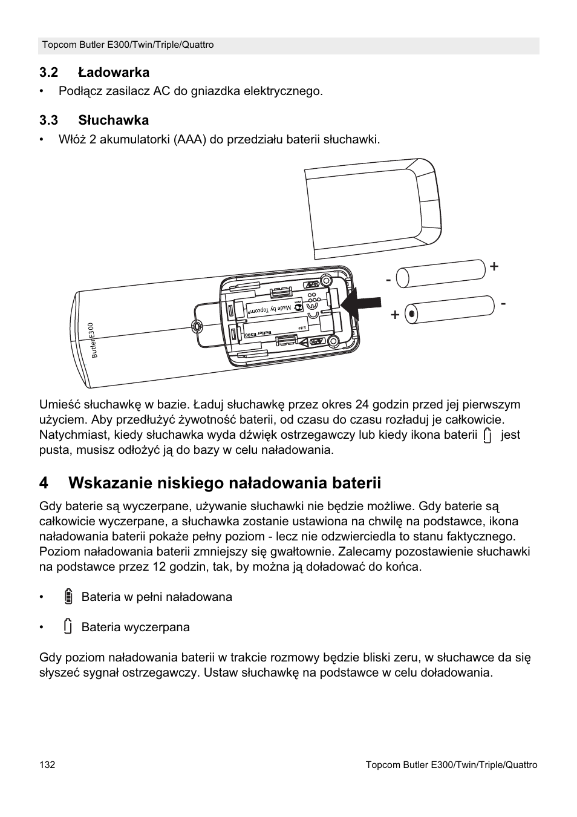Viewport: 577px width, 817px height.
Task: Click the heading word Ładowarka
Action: pos(113,73)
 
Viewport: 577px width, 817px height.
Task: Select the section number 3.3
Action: pos(48,120)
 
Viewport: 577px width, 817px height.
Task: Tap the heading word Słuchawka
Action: pos(113,120)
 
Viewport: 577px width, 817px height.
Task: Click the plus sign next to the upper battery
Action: pos(495,266)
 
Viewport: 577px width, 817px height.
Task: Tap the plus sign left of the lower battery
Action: pos(395,315)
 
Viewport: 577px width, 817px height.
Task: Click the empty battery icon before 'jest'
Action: pos(488,435)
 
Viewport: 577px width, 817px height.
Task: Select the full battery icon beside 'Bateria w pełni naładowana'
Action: pos(68,597)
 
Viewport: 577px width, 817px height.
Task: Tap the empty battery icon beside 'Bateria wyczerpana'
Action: pos(68,627)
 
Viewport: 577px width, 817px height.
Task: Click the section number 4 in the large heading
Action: pos(44,483)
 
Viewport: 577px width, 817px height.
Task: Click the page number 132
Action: pos(47,765)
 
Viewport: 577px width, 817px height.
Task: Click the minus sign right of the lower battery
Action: pos(503,303)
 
